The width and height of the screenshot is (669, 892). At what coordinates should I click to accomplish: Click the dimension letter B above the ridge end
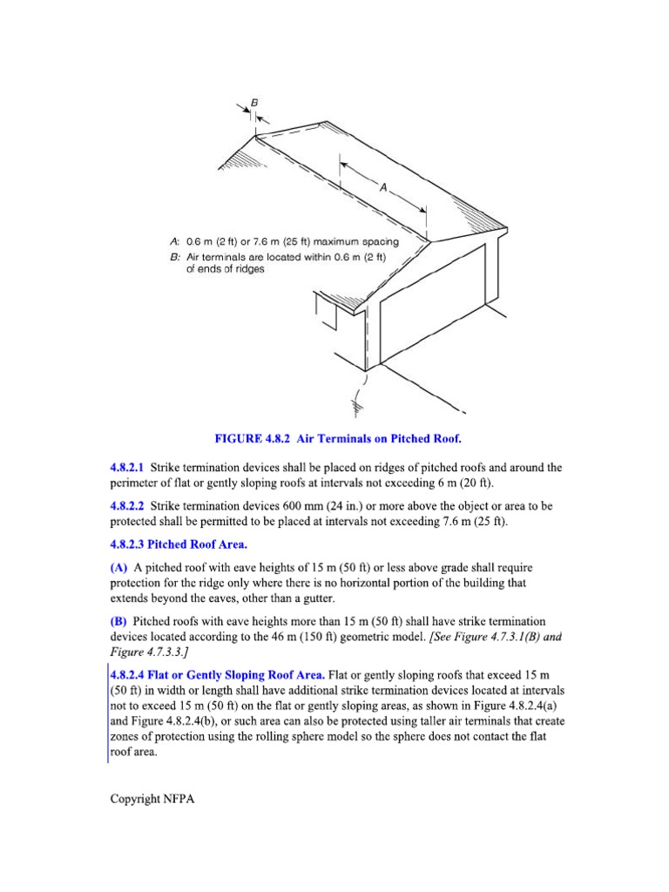254,102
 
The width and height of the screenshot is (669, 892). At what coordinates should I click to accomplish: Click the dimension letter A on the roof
382,186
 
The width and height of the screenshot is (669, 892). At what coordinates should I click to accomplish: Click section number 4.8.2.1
128,468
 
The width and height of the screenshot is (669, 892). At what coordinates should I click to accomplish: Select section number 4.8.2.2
128,505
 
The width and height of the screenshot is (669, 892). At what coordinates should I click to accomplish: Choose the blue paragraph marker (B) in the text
118,621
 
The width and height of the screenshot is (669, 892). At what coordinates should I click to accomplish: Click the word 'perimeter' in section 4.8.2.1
137,483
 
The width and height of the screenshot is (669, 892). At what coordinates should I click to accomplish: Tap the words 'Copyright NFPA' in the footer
152,799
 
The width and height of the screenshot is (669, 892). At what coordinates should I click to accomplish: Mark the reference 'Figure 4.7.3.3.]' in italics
152,652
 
